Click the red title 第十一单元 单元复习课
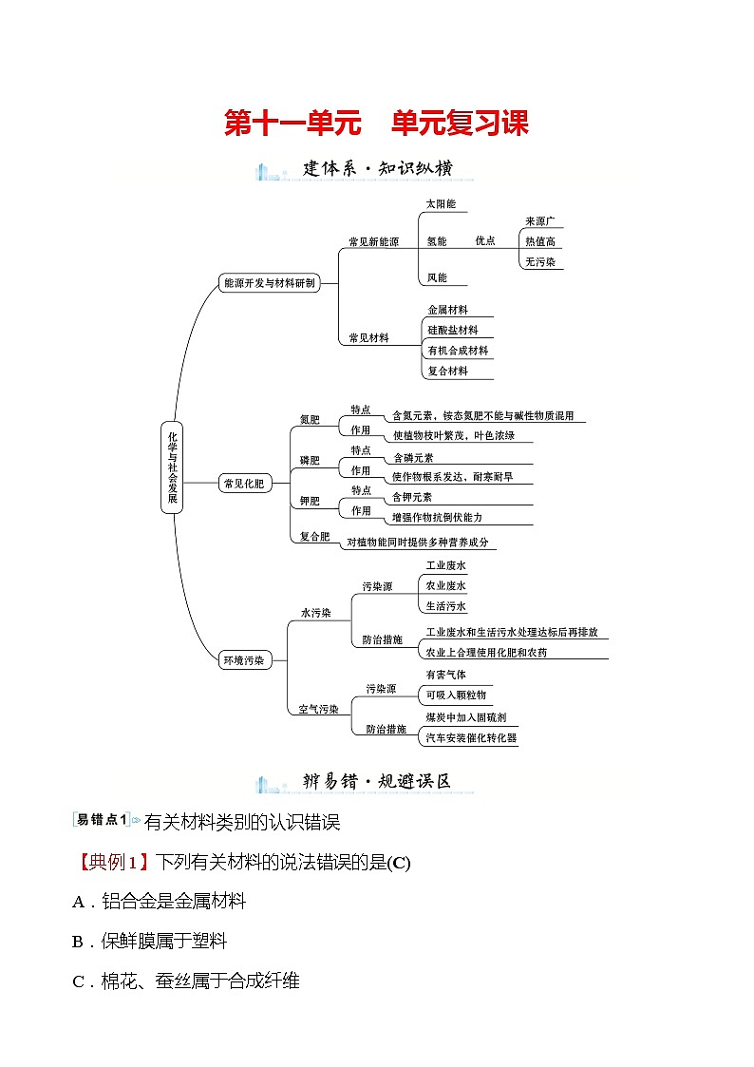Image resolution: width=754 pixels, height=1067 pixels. [376, 124]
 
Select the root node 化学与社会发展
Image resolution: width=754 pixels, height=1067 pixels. [172, 467]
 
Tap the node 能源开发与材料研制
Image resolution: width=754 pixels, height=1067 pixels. [268, 283]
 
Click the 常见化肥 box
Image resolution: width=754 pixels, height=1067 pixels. [244, 484]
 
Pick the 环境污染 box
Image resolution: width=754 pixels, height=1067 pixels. [244, 659]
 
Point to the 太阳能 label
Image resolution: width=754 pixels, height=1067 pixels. [441, 204]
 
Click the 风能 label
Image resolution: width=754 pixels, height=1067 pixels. [436, 278]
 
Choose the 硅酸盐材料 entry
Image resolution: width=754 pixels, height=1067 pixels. [452, 331]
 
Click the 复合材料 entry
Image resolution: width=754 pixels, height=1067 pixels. [447, 372]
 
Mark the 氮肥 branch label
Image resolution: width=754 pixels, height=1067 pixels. [310, 420]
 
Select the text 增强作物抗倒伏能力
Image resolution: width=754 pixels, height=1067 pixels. [438, 518]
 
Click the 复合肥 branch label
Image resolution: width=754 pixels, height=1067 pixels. [314, 537]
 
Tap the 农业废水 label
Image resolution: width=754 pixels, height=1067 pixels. [445, 586]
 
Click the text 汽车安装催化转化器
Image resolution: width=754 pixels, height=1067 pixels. [471, 738]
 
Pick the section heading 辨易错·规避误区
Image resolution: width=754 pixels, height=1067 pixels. [376, 782]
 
